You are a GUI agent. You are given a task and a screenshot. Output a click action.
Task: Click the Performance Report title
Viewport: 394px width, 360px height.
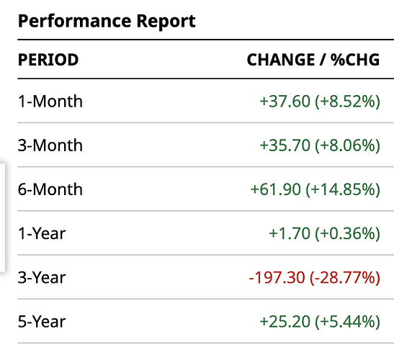tap(107, 21)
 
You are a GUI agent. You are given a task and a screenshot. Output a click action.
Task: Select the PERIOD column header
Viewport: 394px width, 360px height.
tap(48, 60)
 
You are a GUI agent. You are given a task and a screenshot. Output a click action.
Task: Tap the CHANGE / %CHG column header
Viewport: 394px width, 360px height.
tap(313, 60)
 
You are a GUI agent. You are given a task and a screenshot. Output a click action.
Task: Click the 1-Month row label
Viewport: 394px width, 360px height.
tap(50, 102)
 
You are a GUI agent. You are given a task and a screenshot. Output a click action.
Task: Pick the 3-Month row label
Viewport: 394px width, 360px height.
tap(50, 145)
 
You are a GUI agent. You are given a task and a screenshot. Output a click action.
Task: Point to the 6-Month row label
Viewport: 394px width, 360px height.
tap(50, 189)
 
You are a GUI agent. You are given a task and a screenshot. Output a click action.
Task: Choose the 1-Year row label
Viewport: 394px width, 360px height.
tap(42, 233)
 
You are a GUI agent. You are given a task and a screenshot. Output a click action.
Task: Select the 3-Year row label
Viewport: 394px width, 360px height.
tap(42, 278)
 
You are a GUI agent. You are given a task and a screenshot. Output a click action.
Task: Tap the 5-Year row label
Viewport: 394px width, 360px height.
tap(42, 322)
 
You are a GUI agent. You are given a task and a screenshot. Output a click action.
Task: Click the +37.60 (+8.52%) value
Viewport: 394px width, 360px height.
tap(320, 102)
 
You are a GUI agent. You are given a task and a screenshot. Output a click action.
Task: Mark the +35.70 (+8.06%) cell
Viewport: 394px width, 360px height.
tap(320, 145)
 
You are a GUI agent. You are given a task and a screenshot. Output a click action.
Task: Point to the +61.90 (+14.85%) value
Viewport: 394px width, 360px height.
tap(315, 189)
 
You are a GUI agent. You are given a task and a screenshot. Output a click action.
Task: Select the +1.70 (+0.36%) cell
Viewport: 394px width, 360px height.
tap(324, 233)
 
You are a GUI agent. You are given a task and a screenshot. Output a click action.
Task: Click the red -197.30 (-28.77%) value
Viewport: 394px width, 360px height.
tap(314, 278)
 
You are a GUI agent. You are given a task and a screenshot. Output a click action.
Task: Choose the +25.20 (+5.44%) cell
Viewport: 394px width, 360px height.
tap(320, 322)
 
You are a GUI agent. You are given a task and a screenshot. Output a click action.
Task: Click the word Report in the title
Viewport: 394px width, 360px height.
tap(166, 22)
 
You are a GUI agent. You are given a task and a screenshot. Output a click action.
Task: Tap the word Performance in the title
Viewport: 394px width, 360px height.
tap(74, 21)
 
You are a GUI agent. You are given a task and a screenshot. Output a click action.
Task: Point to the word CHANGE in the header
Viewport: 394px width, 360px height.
tap(281, 60)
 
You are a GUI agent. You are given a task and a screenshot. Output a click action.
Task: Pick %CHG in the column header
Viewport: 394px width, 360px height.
tap(355, 60)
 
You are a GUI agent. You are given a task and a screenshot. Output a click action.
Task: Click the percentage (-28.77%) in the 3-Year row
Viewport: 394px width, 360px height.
tap(345, 278)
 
